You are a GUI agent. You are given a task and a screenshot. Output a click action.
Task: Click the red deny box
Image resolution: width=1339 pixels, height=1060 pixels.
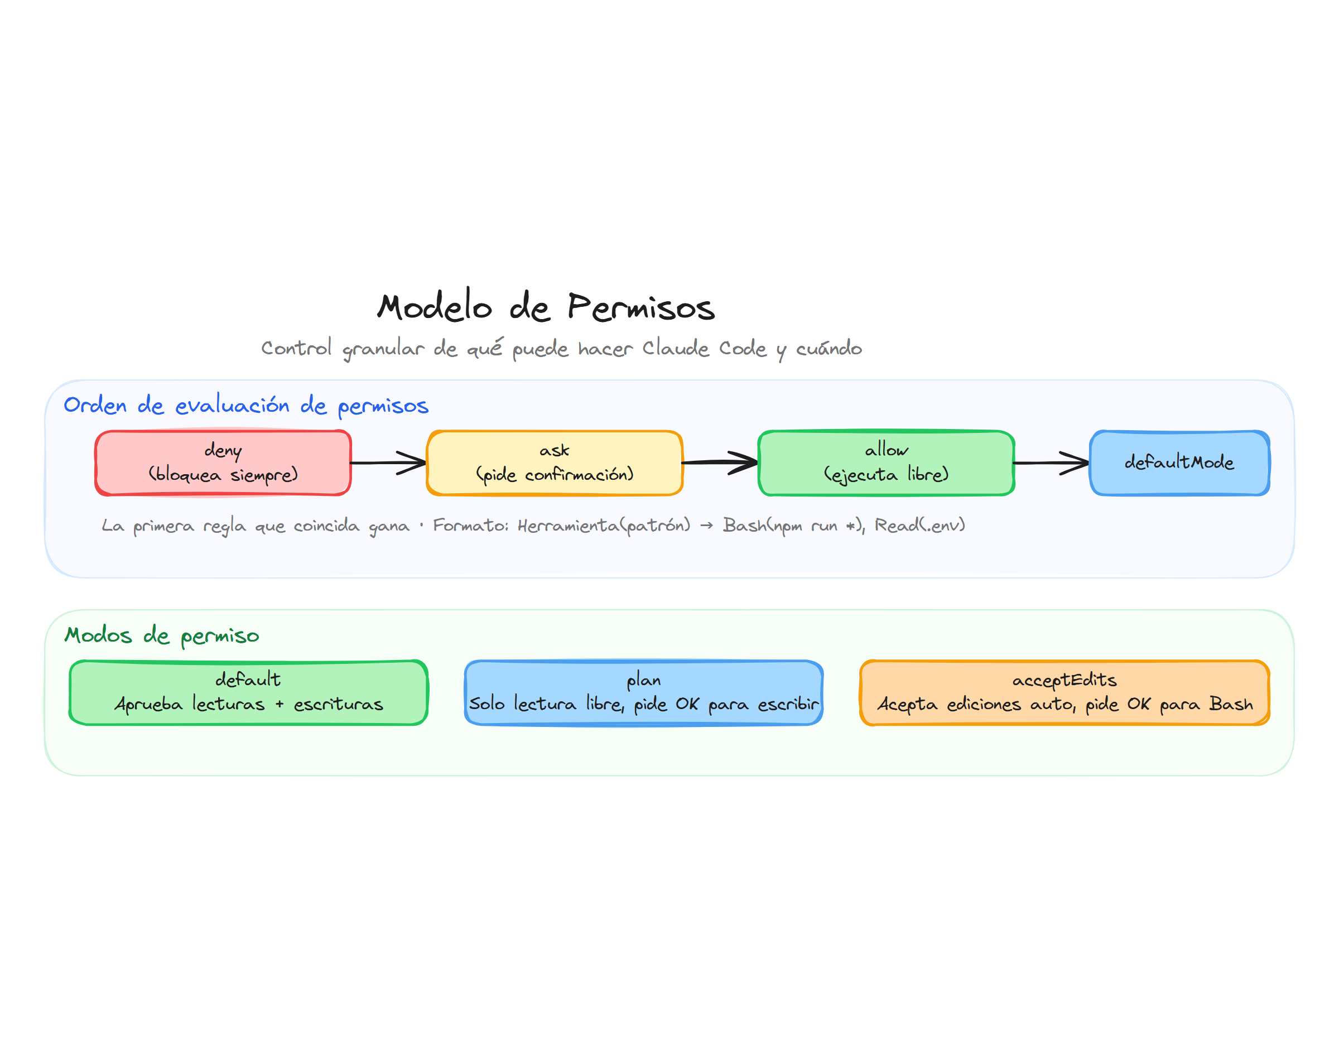223,462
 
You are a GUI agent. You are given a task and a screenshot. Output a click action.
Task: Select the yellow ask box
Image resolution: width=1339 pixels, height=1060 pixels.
554,462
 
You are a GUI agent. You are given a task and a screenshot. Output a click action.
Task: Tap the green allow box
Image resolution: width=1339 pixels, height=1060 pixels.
885,462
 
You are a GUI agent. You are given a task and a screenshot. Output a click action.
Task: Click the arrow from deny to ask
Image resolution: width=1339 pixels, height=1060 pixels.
388,462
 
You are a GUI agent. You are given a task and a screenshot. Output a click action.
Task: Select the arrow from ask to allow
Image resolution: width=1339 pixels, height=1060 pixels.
720,462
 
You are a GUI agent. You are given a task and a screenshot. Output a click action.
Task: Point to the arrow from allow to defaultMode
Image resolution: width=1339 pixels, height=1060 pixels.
1051,462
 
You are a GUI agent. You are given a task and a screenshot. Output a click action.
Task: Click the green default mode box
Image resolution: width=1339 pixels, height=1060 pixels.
248,692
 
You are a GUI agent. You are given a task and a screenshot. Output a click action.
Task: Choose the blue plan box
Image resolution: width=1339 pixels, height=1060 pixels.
643,692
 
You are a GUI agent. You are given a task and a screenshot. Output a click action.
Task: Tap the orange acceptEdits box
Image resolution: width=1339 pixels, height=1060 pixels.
1063,692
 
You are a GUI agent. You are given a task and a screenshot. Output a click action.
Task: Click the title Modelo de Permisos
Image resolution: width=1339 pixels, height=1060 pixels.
546,307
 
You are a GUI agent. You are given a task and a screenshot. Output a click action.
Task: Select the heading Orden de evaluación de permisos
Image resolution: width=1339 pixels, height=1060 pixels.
245,405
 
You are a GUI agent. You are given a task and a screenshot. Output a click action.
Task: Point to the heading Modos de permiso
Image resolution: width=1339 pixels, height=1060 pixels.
161,635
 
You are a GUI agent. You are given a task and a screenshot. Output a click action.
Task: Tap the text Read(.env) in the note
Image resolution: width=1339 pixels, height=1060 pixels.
919,526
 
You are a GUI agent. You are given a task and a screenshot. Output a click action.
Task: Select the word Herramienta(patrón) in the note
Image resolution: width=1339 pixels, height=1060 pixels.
603,526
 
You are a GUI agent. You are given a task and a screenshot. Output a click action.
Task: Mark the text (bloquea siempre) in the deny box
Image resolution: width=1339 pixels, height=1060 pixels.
223,475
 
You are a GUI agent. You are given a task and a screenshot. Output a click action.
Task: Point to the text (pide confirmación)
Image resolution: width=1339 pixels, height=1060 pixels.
554,475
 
